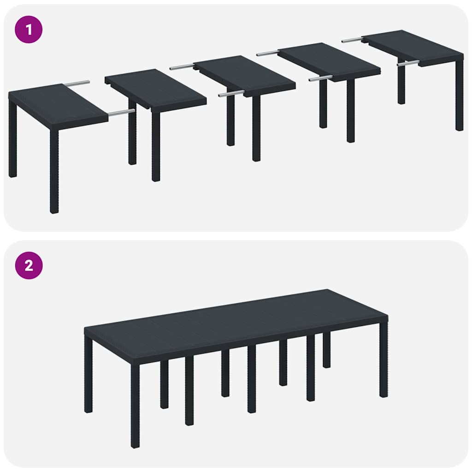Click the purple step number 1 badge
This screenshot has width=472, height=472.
[29, 29]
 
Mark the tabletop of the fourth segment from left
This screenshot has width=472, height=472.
[330, 60]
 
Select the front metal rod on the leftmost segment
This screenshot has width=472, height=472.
[121, 112]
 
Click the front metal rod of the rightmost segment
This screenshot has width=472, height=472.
[408, 63]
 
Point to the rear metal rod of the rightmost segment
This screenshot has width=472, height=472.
[352, 40]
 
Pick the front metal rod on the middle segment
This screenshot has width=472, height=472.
[231, 94]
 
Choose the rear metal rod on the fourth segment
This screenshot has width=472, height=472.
[267, 53]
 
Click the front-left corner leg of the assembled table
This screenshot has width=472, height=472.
[135, 406]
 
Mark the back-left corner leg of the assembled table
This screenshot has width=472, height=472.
[88, 373]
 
